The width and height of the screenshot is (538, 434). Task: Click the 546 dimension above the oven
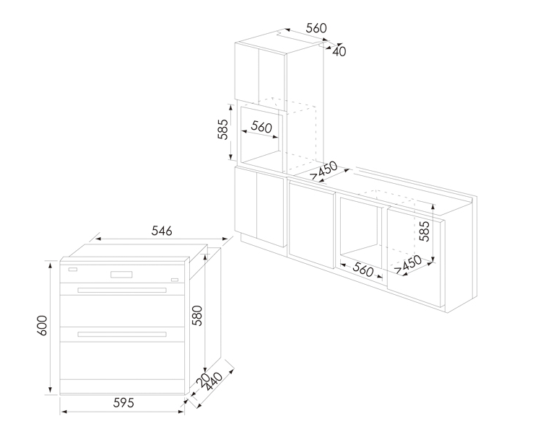(x=162, y=231)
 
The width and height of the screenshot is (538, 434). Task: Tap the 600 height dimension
(x=42, y=326)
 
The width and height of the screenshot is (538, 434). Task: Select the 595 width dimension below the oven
(x=123, y=403)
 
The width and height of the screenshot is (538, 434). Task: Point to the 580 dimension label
(x=197, y=316)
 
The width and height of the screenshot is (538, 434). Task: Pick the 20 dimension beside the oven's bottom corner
(x=203, y=379)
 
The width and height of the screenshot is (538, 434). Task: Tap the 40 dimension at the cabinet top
(x=339, y=52)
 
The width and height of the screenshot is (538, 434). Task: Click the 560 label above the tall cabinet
(x=316, y=28)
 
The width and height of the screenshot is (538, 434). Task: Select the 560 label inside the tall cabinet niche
(x=261, y=127)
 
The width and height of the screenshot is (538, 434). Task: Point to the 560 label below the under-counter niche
(x=363, y=270)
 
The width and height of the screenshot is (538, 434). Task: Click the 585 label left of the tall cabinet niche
(x=222, y=129)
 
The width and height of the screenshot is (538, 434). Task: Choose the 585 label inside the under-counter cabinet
(x=424, y=231)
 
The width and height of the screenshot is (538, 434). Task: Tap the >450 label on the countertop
(x=324, y=171)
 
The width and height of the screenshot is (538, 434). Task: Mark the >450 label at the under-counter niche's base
(x=408, y=265)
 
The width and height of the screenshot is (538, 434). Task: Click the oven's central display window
(x=121, y=275)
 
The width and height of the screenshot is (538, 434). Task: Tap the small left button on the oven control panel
(x=73, y=270)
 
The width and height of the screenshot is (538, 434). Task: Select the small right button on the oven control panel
(x=175, y=280)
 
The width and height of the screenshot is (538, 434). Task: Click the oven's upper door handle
(x=122, y=290)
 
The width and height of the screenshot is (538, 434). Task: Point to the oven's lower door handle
(x=122, y=335)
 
